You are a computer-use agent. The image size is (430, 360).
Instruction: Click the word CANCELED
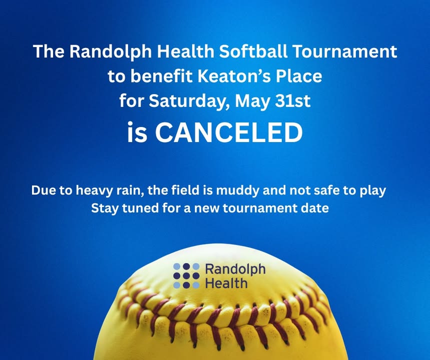(x=229, y=132)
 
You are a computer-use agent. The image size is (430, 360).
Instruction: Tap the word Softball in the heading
(x=253, y=51)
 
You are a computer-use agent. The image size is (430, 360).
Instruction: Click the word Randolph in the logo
(x=235, y=269)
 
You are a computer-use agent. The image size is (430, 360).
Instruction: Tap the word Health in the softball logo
(x=226, y=283)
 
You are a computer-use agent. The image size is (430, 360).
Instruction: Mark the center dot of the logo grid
(x=186, y=275)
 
